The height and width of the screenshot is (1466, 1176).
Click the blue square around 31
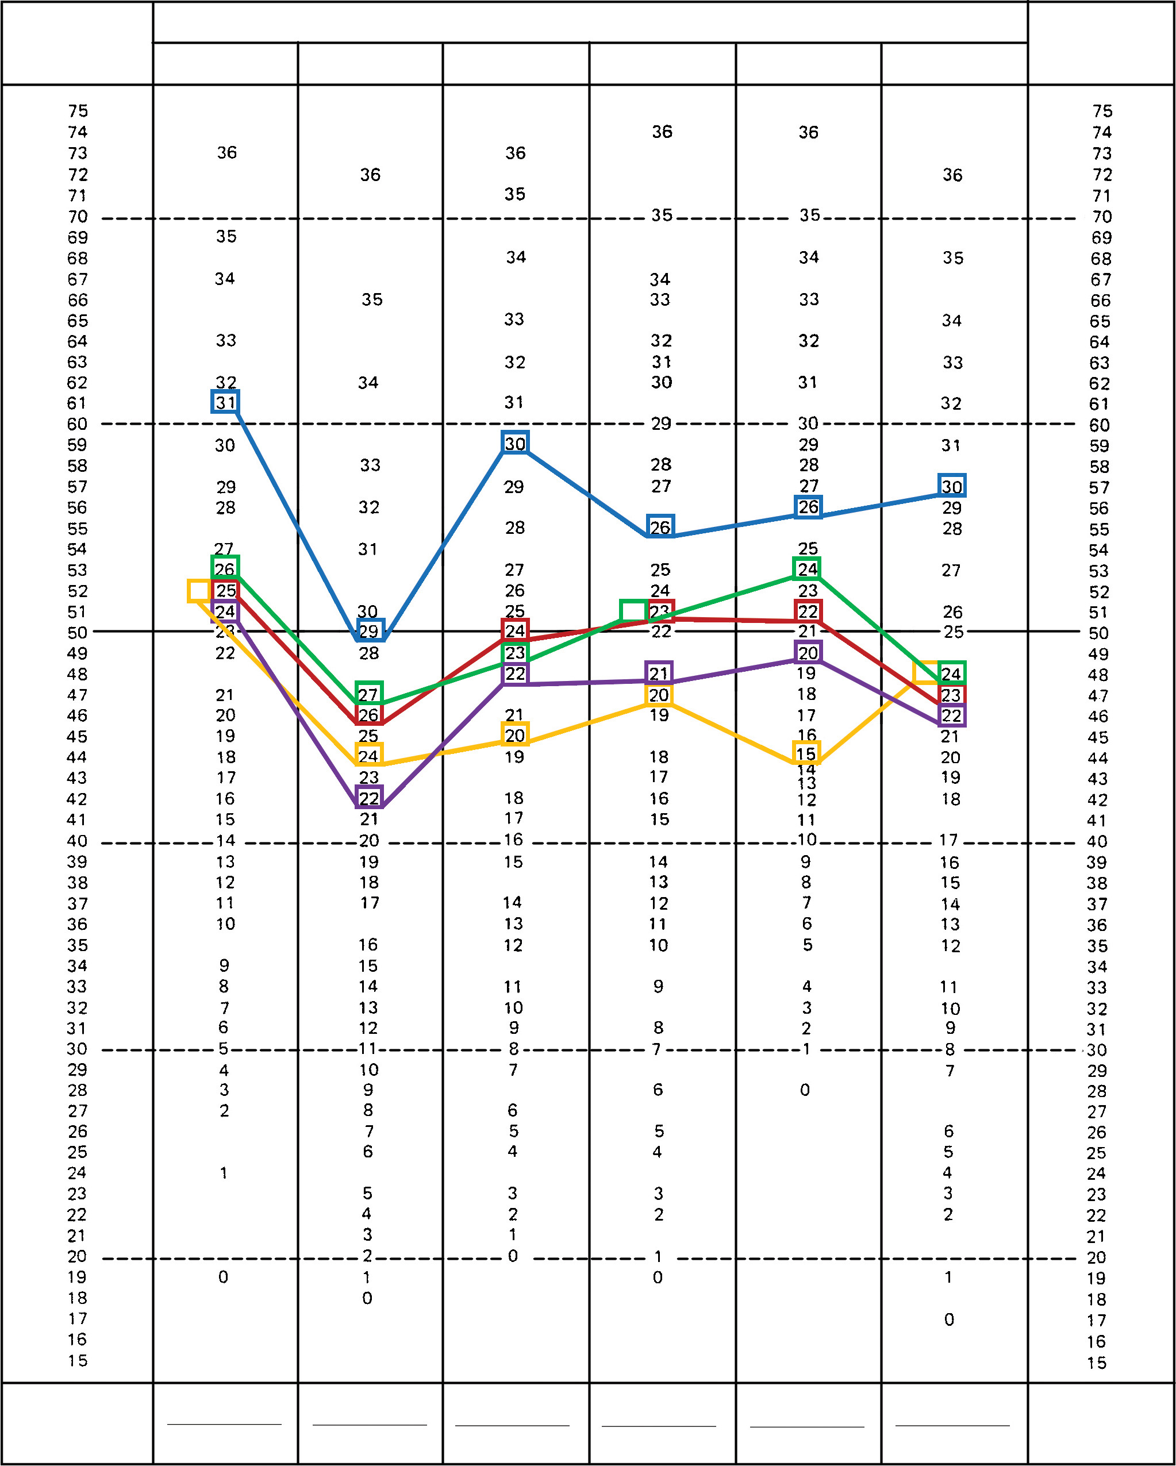tap(225, 402)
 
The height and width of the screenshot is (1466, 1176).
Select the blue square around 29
tap(370, 630)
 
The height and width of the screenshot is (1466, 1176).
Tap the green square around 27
tap(368, 694)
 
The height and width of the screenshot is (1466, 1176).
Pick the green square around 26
tap(225, 568)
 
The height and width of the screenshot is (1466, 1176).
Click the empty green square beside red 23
tap(633, 611)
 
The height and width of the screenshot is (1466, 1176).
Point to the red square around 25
tap(225, 590)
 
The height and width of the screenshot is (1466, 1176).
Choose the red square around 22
tap(808, 611)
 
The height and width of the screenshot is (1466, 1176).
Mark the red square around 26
tap(368, 715)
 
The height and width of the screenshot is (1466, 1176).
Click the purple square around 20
tap(808, 653)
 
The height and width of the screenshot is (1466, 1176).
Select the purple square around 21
tap(658, 673)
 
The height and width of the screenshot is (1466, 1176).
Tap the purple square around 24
tap(225, 611)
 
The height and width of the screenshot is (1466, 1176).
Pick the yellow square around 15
tap(806, 753)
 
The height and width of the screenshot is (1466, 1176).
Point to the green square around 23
tap(515, 653)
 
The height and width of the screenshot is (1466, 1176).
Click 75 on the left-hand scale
tap(78, 111)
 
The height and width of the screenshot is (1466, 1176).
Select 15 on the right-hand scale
tap(1097, 1363)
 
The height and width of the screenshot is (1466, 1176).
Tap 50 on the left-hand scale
tap(78, 632)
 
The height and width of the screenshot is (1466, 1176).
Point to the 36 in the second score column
tap(370, 175)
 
